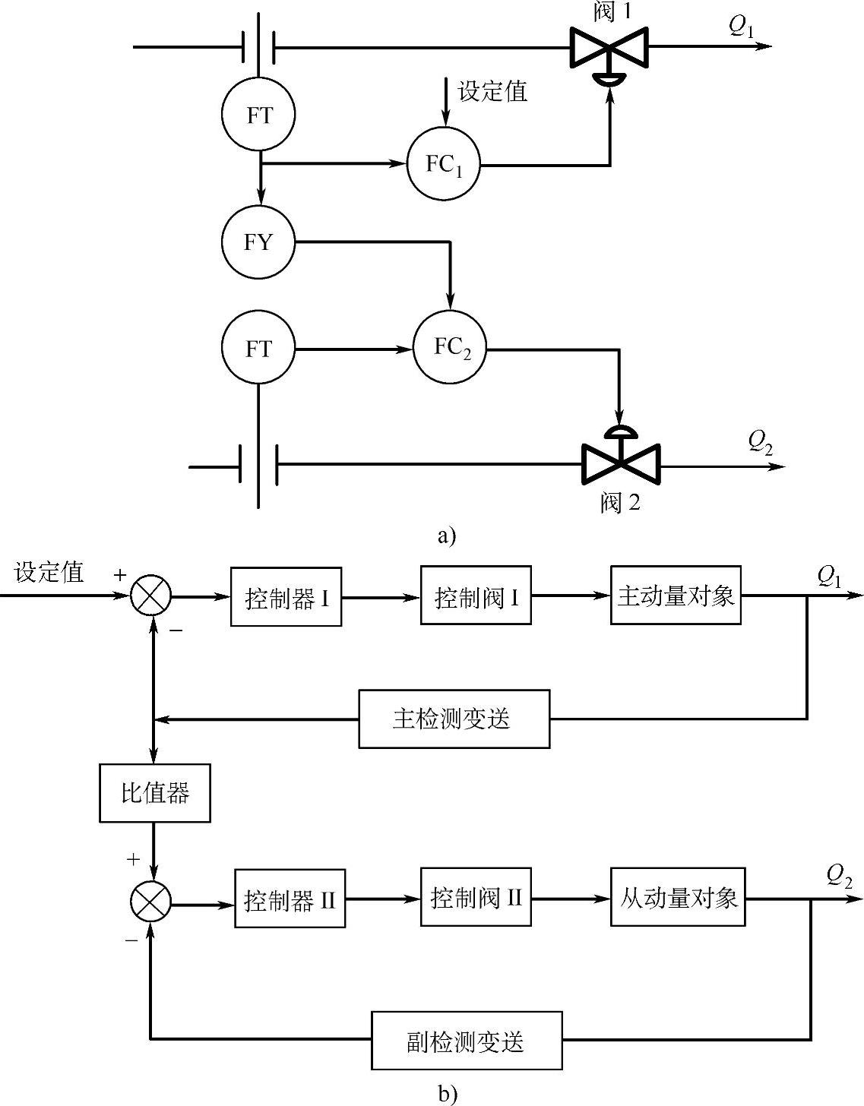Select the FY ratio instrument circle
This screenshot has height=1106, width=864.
point(258,242)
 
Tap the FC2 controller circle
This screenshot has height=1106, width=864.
point(450,348)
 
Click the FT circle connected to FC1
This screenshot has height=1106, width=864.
point(258,115)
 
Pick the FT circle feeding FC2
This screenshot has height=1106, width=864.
point(258,348)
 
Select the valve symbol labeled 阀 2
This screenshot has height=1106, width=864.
point(621,463)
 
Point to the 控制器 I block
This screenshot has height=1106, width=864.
point(286,598)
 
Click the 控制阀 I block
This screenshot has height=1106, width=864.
point(476,597)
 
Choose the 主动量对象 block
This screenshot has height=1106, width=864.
point(676,596)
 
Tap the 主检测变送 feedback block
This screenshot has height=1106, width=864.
point(454,719)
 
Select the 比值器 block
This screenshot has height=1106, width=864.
point(155,794)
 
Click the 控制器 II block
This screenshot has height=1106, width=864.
point(290,900)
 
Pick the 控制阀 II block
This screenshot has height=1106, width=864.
point(476,899)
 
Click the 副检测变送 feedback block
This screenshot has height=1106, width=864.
point(467,1040)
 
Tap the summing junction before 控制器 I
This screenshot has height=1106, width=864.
point(150,596)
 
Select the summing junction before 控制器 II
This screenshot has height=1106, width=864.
point(150,902)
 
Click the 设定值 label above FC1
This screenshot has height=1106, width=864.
point(492,93)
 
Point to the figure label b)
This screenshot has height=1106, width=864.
point(448,1093)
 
